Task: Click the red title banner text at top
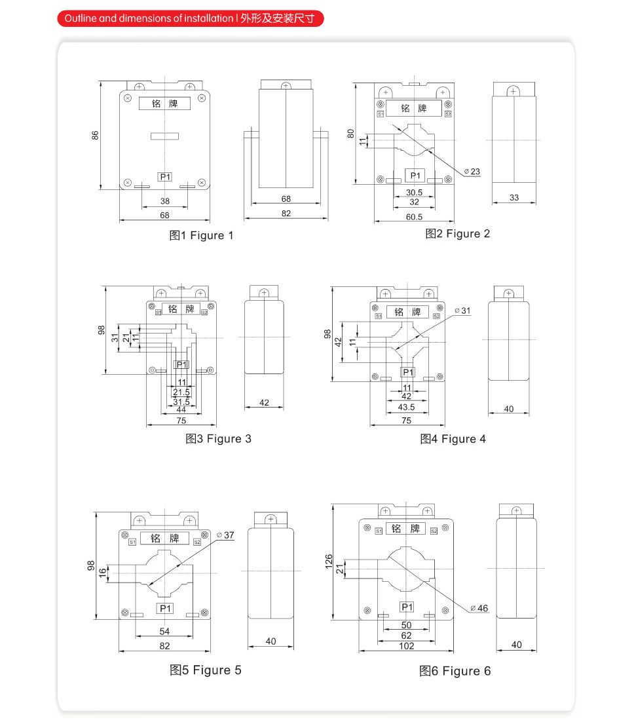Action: point(190,18)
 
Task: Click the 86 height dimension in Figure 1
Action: point(95,136)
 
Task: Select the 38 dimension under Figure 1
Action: point(165,201)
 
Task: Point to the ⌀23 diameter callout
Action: point(472,172)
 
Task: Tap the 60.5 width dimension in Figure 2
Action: point(414,216)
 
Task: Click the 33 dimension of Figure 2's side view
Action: point(514,197)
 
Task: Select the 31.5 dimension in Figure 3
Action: point(181,401)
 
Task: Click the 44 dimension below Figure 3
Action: point(181,410)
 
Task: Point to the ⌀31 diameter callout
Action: point(462,310)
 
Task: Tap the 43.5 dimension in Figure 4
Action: point(407,407)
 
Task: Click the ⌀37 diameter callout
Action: point(225,535)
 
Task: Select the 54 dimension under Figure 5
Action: point(165,631)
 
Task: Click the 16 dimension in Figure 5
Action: point(103,572)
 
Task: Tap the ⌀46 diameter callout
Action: point(479,608)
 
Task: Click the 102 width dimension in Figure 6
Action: point(407,645)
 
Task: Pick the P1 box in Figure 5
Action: point(165,609)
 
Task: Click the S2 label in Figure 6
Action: point(434,529)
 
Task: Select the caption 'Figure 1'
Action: point(201,236)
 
